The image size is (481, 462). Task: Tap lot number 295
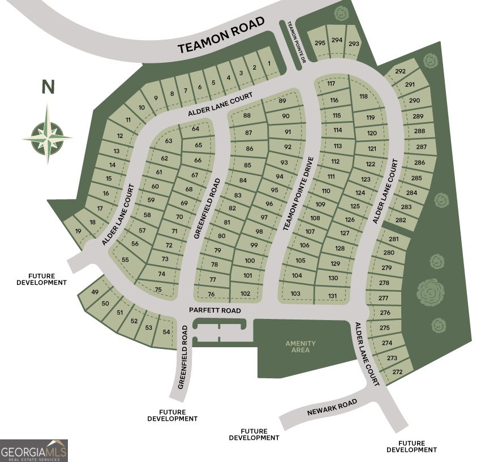click(x=320, y=43)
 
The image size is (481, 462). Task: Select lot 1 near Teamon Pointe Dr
click(x=269, y=63)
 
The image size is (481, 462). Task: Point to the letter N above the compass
click(x=48, y=87)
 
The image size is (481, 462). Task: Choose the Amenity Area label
click(x=300, y=347)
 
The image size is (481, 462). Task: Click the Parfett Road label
click(x=214, y=311)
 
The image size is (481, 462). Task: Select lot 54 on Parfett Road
click(x=166, y=332)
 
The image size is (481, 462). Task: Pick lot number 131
click(x=333, y=296)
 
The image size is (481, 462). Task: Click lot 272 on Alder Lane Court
click(x=397, y=372)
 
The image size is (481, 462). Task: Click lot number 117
click(x=331, y=84)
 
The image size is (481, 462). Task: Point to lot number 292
click(x=401, y=71)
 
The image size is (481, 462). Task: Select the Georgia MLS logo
click(x=34, y=450)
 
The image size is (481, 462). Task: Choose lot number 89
click(x=283, y=101)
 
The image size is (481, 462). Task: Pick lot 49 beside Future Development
click(x=95, y=292)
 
